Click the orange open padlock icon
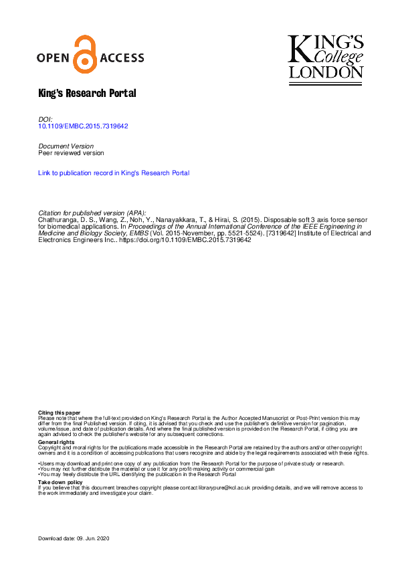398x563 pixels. pyautogui.click(x=84, y=55)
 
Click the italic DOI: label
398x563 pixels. pyautogui.click(x=45, y=118)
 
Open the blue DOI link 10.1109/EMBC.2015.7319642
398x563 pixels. pyautogui.click(x=84, y=126)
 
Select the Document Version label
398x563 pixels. pyautogui.click(x=66, y=146)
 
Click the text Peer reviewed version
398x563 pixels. pyautogui.click(x=72, y=152)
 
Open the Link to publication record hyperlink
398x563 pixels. pyautogui.click(x=114, y=173)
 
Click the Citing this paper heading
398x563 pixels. pyautogui.click(x=59, y=413)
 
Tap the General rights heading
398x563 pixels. pyautogui.click(x=56, y=442)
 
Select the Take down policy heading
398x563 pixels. pyautogui.click(x=60, y=482)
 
